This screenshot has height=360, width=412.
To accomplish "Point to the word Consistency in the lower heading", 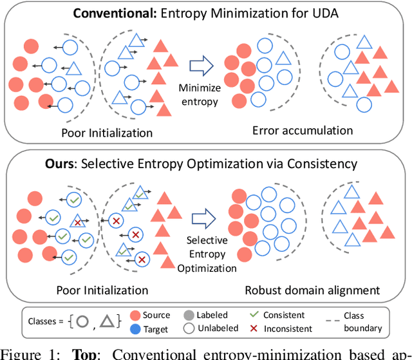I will [323, 164].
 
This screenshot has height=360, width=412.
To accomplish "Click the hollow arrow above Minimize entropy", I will [201, 64].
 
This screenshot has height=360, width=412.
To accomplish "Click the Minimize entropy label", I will [201, 94].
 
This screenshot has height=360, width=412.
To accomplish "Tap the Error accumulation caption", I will [303, 130].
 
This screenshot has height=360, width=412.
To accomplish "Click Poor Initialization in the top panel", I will [107, 133].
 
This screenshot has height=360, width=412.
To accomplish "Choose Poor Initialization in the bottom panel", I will [102, 290].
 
